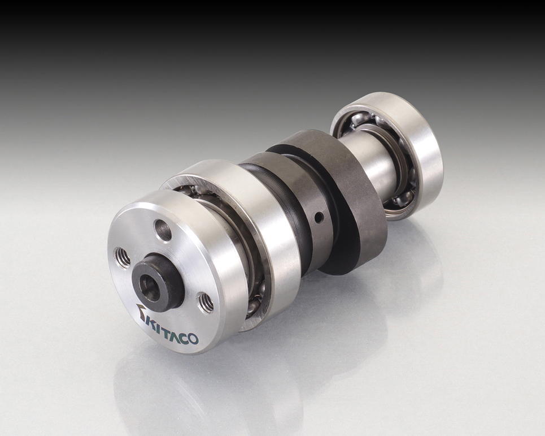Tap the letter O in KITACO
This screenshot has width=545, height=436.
click(193, 339)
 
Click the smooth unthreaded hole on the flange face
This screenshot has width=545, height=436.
click(163, 230)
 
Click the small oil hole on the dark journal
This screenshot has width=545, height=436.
click(317, 218)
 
